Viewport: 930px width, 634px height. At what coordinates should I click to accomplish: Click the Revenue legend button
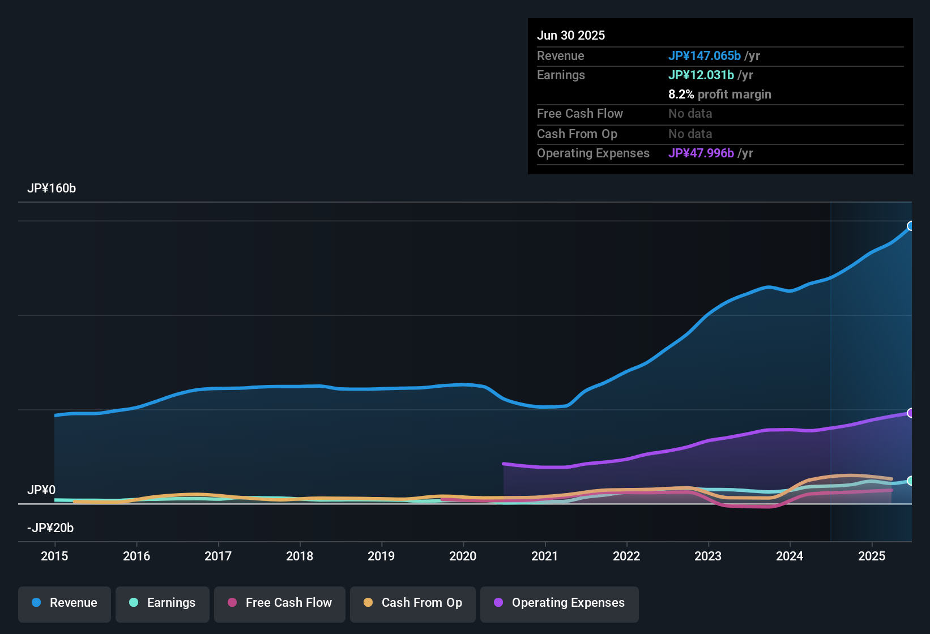(x=65, y=603)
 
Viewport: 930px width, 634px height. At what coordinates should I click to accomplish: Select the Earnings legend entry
(x=163, y=603)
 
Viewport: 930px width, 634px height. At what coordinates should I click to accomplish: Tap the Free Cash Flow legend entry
(x=280, y=603)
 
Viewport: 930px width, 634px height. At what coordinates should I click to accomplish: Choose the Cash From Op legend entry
(x=413, y=603)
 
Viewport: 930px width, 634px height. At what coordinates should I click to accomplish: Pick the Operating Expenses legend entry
(x=560, y=603)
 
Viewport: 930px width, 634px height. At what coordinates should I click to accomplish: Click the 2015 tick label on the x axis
(x=54, y=556)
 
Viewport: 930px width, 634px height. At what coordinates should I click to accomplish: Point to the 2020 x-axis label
(x=463, y=556)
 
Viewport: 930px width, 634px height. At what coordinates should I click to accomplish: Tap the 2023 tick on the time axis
(x=708, y=556)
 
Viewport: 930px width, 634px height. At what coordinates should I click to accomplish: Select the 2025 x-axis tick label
(x=872, y=556)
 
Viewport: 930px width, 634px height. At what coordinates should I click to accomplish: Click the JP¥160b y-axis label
(x=52, y=189)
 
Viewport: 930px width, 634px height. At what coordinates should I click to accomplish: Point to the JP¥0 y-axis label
(x=41, y=490)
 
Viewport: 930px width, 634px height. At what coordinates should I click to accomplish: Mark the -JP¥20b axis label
(x=50, y=528)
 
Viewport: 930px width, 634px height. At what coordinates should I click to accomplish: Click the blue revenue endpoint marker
(x=911, y=226)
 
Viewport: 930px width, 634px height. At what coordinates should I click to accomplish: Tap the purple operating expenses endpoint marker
(x=911, y=413)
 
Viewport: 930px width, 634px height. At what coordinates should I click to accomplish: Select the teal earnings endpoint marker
(x=911, y=481)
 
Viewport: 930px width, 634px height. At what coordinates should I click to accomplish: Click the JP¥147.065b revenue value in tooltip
(x=705, y=55)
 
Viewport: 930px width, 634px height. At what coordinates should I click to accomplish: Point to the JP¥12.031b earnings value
(x=701, y=75)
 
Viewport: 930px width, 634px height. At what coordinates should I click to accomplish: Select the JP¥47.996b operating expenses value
(x=701, y=153)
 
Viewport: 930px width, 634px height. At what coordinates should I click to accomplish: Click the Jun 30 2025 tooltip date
(x=571, y=35)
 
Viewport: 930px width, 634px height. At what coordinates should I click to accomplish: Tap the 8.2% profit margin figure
(x=681, y=94)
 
